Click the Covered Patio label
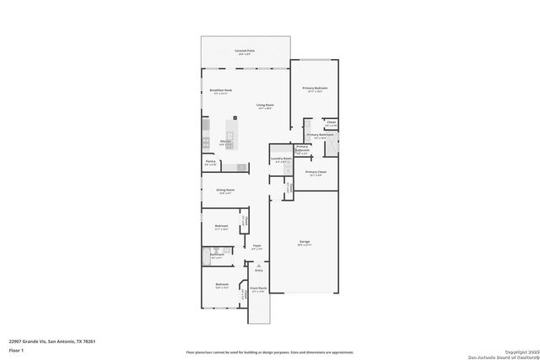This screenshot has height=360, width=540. click(x=245, y=51)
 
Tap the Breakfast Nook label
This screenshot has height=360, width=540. click(x=220, y=90)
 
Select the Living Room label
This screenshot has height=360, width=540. click(x=265, y=105)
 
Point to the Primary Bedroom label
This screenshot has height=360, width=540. click(x=315, y=89)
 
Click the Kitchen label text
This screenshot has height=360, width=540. click(x=226, y=141)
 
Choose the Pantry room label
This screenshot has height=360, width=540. click(x=210, y=162)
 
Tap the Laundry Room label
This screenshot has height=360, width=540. click(x=281, y=159)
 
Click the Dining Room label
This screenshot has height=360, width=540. click(x=224, y=191)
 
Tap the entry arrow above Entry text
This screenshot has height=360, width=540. click(x=258, y=263)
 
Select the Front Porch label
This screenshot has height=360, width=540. click(x=258, y=289)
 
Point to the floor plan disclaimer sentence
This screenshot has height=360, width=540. click(x=270, y=352)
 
